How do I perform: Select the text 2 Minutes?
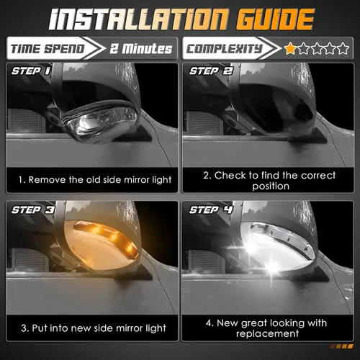141,50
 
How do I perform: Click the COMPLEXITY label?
222,50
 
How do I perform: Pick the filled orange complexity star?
290,49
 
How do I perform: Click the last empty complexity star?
346,49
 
